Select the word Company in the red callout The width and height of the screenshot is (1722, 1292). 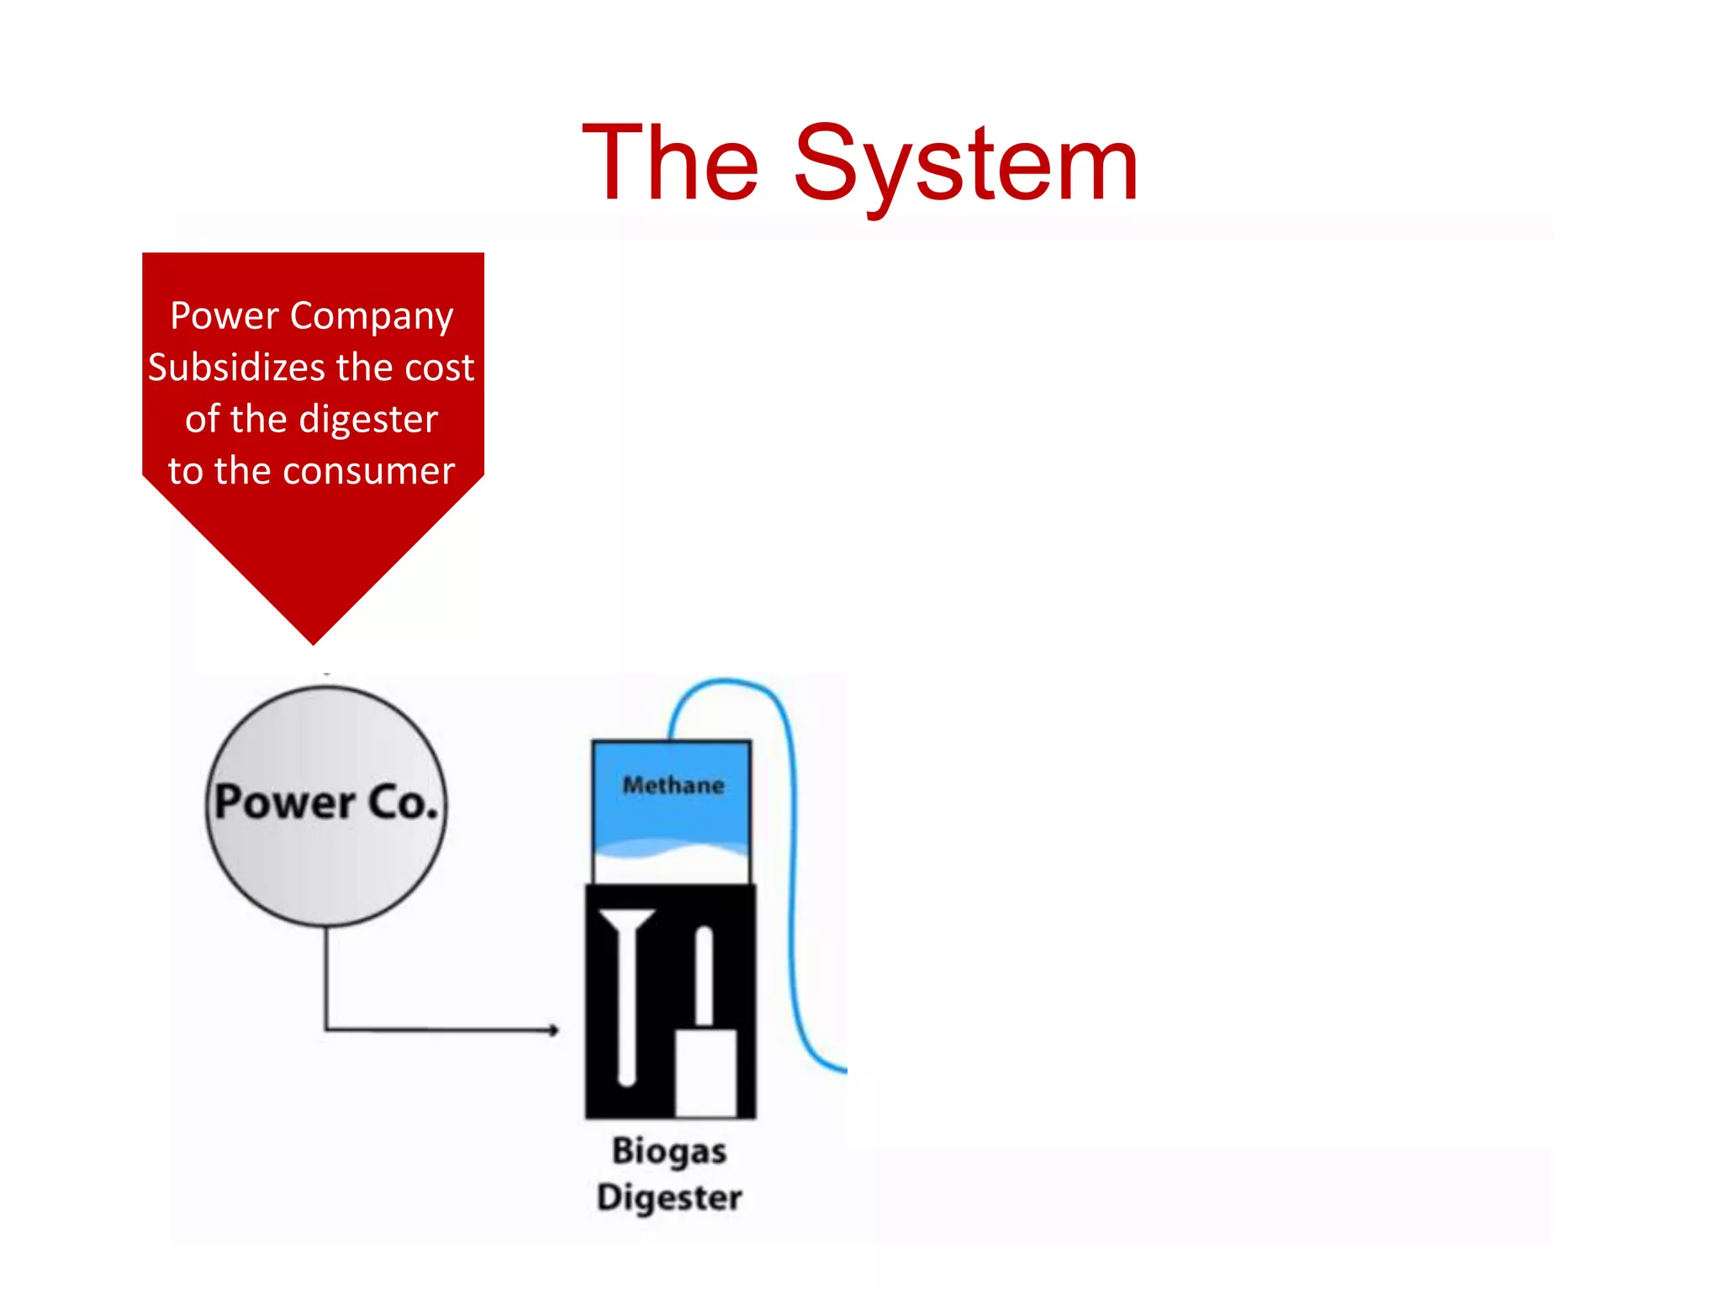click(372, 316)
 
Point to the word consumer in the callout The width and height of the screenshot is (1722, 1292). click(369, 471)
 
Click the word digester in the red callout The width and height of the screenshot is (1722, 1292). click(369, 420)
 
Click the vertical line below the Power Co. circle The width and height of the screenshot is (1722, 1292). click(326, 976)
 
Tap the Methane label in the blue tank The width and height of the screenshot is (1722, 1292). click(673, 786)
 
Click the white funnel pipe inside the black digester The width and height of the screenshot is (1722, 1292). click(626, 993)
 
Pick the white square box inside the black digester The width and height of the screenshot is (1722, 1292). click(706, 1072)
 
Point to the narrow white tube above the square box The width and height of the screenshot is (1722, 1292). click(704, 976)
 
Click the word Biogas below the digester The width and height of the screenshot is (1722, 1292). click(669, 1151)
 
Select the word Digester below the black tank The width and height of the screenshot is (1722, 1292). click(669, 1197)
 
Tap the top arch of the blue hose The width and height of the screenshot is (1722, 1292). click(727, 681)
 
